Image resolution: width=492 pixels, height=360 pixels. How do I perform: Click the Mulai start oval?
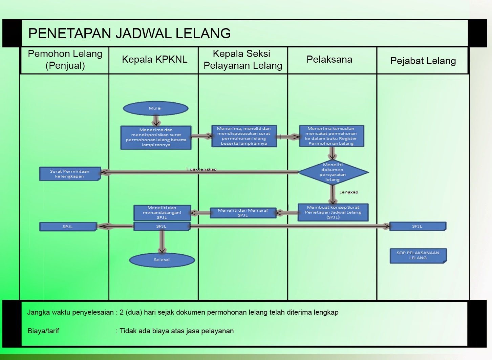point(155,108)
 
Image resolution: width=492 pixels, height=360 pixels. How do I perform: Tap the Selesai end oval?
point(162,260)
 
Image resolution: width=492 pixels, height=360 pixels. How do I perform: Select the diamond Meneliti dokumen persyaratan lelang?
point(333,172)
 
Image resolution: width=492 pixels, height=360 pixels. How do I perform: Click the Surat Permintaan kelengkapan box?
point(70,174)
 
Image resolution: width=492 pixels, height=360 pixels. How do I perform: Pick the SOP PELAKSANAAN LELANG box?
point(418,256)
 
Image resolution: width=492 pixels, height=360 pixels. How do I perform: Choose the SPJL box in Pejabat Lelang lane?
point(418,226)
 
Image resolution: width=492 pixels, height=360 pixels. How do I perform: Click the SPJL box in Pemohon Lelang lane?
point(68,227)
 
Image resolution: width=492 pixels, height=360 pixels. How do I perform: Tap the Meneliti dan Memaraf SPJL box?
point(243,213)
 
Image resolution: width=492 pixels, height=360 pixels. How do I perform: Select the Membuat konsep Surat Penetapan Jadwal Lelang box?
point(333,212)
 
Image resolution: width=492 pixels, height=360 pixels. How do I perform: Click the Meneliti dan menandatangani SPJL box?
point(162,213)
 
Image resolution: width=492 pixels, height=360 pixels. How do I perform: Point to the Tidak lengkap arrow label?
point(201,169)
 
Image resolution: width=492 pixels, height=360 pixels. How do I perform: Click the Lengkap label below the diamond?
point(349,192)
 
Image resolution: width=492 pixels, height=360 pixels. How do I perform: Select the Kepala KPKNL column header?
point(154,60)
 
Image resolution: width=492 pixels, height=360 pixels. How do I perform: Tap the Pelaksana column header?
point(329,60)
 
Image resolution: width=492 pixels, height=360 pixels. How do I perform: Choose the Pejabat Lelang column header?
point(423,61)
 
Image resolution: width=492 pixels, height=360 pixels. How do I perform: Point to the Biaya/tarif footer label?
point(43,331)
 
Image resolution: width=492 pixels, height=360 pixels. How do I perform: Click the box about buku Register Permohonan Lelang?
point(331,136)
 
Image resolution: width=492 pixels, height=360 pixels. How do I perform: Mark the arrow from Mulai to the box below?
point(156,121)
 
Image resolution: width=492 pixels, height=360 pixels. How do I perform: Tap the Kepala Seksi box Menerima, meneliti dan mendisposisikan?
point(244,136)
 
